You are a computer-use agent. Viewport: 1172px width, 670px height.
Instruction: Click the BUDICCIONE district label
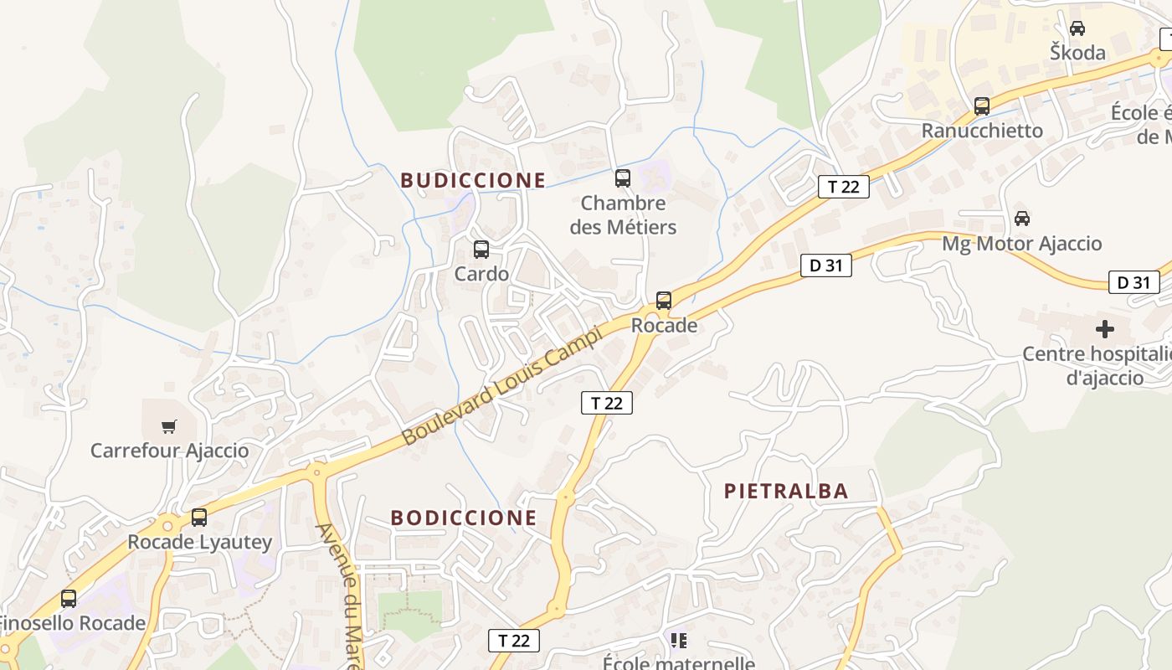coord(473,180)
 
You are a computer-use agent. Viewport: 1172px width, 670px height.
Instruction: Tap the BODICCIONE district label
coord(464,518)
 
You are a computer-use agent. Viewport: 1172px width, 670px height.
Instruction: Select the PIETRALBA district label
coord(786,491)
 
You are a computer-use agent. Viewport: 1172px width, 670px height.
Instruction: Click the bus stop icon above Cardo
coord(481,249)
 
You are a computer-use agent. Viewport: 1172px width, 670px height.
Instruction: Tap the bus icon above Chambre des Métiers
coord(622,178)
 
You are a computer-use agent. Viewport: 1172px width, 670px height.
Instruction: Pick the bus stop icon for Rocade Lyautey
coord(198,518)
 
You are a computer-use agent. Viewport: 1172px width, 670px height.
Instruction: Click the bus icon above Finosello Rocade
coord(69,599)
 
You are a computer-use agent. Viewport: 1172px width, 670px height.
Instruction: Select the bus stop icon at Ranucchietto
coord(981,106)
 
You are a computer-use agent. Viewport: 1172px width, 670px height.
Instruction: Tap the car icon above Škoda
coord(1077,28)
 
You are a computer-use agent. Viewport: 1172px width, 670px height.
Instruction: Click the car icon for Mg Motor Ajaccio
coord(1021,219)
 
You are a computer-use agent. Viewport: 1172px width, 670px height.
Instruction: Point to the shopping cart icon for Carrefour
coord(169,426)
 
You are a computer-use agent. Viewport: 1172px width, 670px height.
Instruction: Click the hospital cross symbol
coord(1105,328)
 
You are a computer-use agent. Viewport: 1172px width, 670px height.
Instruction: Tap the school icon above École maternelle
coord(678,641)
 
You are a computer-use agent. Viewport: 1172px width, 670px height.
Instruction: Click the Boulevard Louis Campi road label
coord(501,386)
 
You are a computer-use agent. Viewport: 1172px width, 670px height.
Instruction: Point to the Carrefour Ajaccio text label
coord(169,451)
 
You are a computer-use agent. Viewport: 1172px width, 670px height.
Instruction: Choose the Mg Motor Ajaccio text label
coord(1021,244)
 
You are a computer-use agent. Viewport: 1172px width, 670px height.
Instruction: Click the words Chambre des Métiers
coord(623,214)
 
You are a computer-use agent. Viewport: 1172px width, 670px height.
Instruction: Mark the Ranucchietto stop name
coord(982,131)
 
